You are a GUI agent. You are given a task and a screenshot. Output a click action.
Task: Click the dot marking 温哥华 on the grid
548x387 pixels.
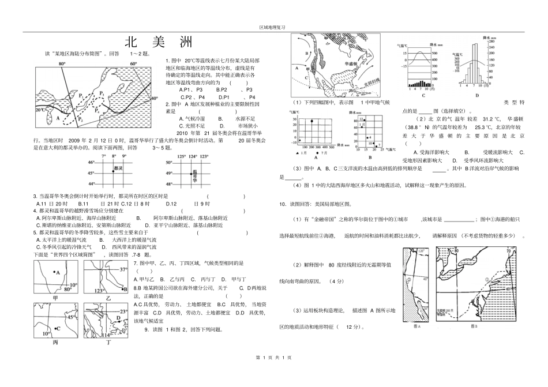pyautogui.click(x=192, y=171)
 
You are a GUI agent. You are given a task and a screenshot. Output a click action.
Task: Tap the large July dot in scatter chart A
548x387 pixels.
pyautogui.click(x=312, y=121)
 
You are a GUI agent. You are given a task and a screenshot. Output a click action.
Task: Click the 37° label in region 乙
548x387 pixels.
pyautogui.click(x=123, y=269)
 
